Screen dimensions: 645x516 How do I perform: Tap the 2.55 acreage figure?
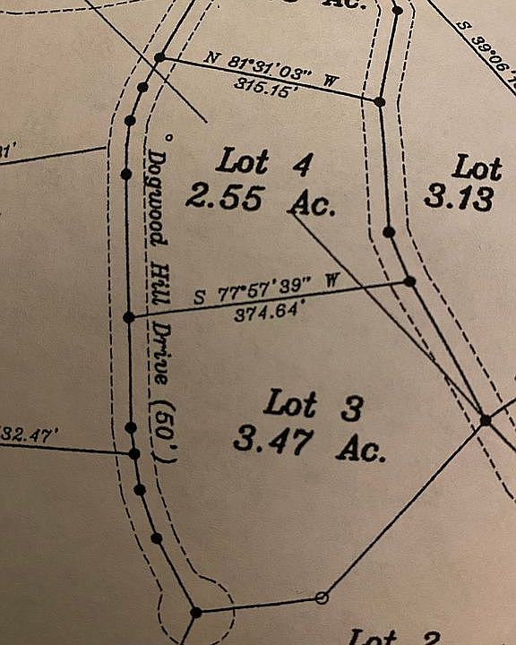coord(224,196)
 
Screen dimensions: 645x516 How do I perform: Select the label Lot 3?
coord(314,407)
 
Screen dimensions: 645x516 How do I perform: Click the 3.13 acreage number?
coord(459,197)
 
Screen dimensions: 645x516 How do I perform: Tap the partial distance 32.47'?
coord(29,435)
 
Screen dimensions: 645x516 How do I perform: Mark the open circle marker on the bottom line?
coord(322,598)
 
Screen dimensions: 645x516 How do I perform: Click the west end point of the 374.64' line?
coord(128,317)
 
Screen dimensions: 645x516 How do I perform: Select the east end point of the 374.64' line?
coord(409,281)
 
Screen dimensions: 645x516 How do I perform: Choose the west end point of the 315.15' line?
coord(159,57)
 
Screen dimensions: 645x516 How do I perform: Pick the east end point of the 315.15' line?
coord(380,102)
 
